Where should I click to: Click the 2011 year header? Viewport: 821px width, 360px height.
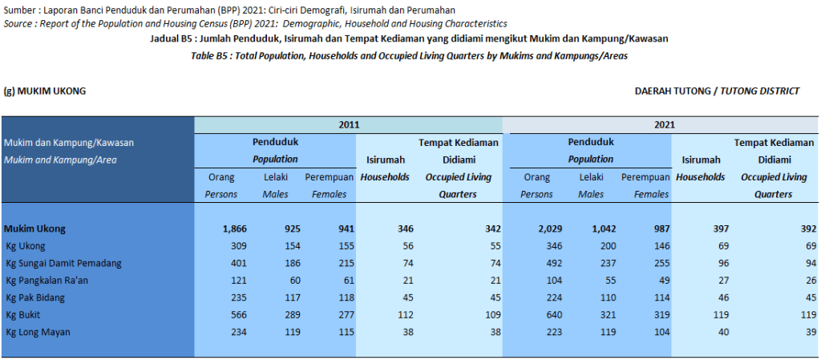349,125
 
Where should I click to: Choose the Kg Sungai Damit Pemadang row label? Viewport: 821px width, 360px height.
63,263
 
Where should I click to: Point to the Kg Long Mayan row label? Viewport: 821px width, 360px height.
38,331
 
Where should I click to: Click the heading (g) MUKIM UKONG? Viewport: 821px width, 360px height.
45,91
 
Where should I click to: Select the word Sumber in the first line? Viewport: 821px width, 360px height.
19,10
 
